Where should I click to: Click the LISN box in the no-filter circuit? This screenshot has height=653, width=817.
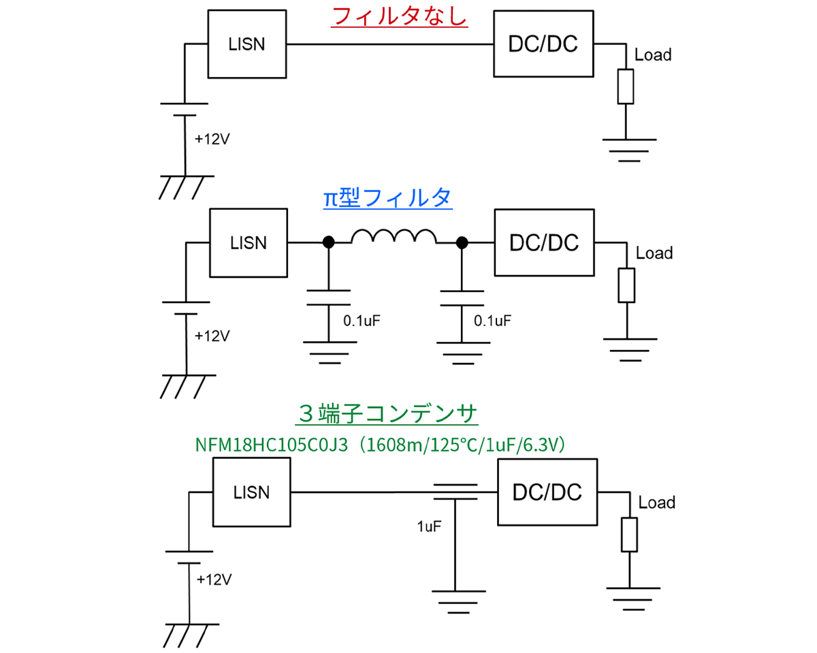click(x=246, y=45)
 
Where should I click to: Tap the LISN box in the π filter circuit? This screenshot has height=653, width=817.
click(x=249, y=242)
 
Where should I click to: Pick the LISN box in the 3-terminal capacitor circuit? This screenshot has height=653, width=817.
click(x=251, y=492)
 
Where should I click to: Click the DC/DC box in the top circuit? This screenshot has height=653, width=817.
click(x=543, y=45)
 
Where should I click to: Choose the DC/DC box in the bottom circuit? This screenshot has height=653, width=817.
click(x=547, y=492)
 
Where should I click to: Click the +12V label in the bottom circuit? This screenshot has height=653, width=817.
click(x=214, y=580)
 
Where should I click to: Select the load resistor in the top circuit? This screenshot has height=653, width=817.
click(x=625, y=86)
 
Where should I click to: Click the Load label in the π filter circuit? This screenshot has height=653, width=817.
click(x=654, y=253)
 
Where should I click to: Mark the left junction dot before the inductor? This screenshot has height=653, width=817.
click(x=328, y=242)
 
